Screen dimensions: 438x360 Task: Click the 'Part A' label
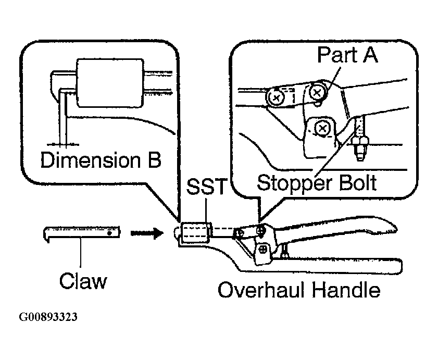coord(347,55)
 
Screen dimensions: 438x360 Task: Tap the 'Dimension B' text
coord(101,160)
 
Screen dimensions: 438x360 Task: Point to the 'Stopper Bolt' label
coord(317,183)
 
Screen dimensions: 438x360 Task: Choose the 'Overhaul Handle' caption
coord(299,290)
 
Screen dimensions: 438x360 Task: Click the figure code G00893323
coord(48,317)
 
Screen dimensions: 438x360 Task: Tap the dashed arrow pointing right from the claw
coord(147,232)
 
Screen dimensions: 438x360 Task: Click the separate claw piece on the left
coord(82,232)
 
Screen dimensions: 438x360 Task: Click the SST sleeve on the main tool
coord(195,232)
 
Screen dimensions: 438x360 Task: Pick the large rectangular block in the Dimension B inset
coord(110,83)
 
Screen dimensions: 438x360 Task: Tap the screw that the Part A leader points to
coord(317,92)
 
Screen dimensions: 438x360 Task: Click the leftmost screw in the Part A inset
coord(276,97)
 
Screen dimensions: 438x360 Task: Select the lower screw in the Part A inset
coord(322,129)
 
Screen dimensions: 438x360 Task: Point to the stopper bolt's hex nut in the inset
coord(360,143)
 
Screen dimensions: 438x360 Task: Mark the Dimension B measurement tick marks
coord(63,144)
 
